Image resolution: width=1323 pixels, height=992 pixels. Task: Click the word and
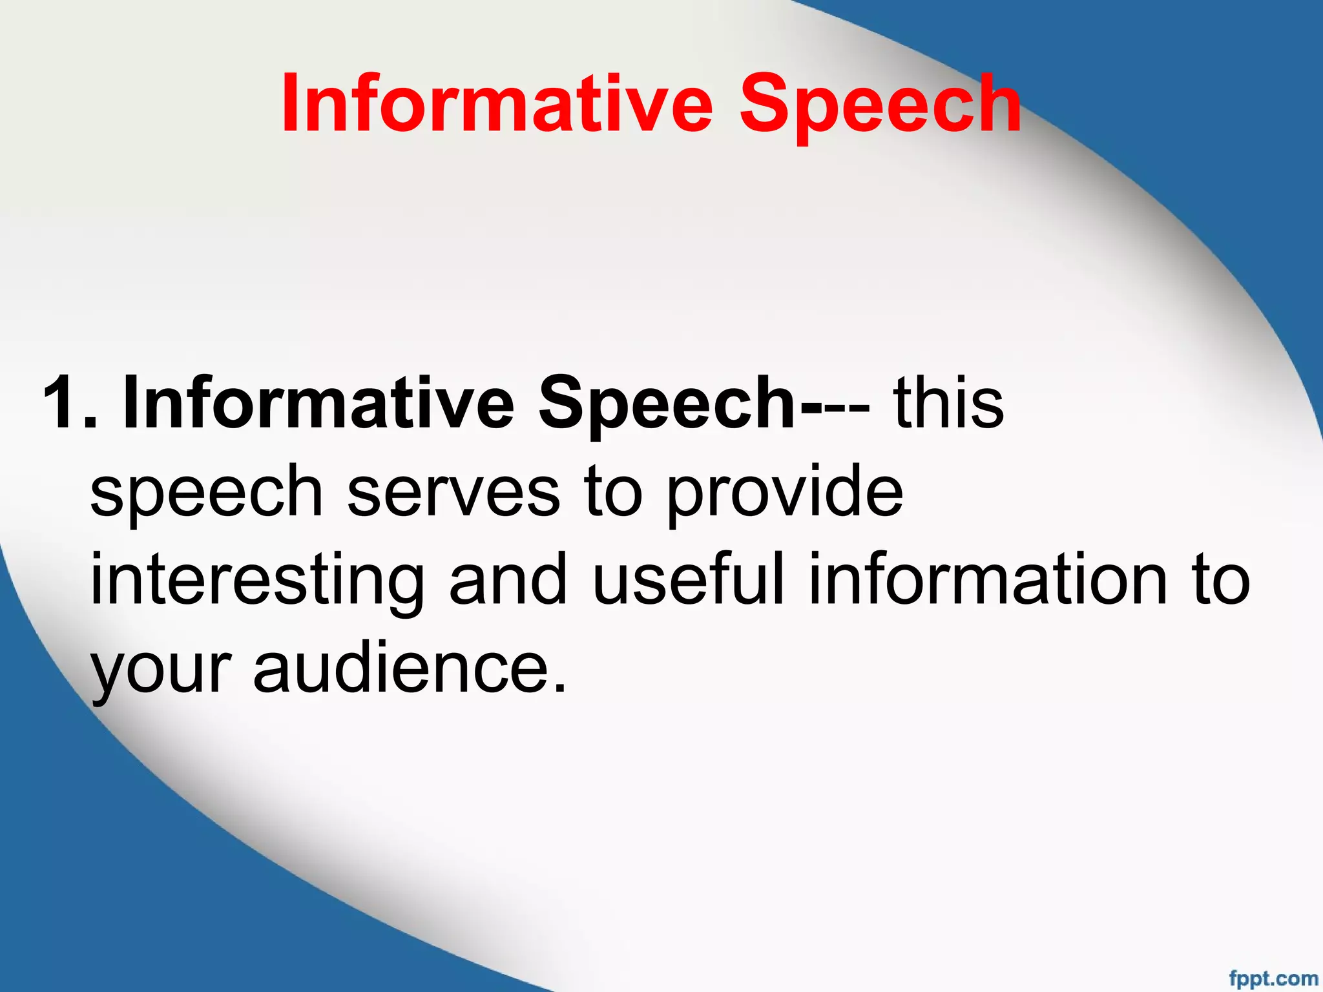508,579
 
